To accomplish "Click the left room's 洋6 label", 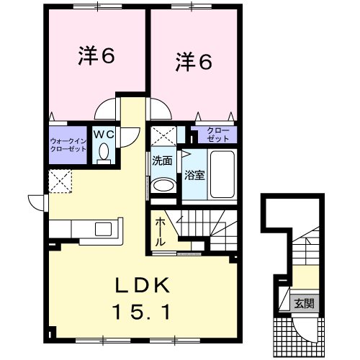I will tap(96, 58).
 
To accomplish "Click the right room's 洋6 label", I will tap(194, 63).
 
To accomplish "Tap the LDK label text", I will tap(143, 286).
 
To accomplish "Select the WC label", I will tap(104, 133).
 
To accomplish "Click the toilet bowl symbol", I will tap(104, 152).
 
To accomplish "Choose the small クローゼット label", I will tap(215, 134).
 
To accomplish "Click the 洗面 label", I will tap(162, 161).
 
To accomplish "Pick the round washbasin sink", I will tap(163, 185).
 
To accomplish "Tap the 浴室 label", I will tap(194, 174).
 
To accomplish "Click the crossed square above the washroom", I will tap(162, 136).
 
